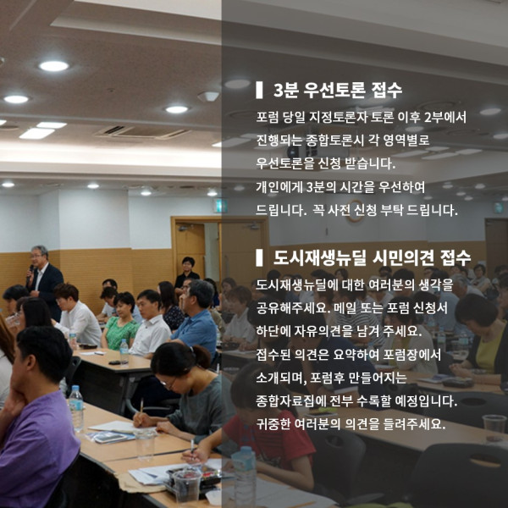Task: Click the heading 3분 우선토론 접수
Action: pyautogui.click(x=337, y=90)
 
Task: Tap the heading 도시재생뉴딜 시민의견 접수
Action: pyautogui.click(x=372, y=258)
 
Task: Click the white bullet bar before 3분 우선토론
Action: pyautogui.click(x=259, y=90)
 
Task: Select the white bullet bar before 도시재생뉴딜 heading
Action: pyautogui.click(x=259, y=258)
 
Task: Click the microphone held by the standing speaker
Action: pyautogui.click(x=31, y=269)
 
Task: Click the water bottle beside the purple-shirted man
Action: pyautogui.click(x=76, y=408)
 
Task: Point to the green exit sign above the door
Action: pyautogui.click(x=220, y=206)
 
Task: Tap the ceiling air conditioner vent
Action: pyautogui.click(x=142, y=131)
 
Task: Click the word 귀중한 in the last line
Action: pyautogui.click(x=273, y=424)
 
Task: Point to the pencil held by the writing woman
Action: pyautogui.click(x=141, y=409)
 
